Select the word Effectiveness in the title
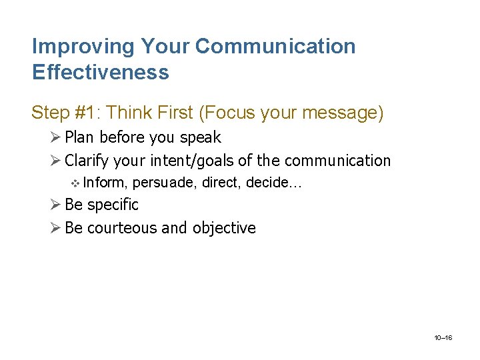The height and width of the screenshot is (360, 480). pos(101,72)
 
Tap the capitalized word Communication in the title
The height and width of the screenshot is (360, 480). pos(275,47)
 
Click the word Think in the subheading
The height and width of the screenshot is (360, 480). pos(128,113)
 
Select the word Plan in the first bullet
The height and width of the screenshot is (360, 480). pos(79,137)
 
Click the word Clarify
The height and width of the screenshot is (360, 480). pos(87,161)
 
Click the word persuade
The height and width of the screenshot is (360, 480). pos(165,182)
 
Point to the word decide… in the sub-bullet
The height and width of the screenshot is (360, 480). pos(274,182)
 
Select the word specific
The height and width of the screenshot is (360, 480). pos(113,205)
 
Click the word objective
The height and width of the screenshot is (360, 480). pos(224,228)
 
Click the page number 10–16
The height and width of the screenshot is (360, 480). pos(443,338)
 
